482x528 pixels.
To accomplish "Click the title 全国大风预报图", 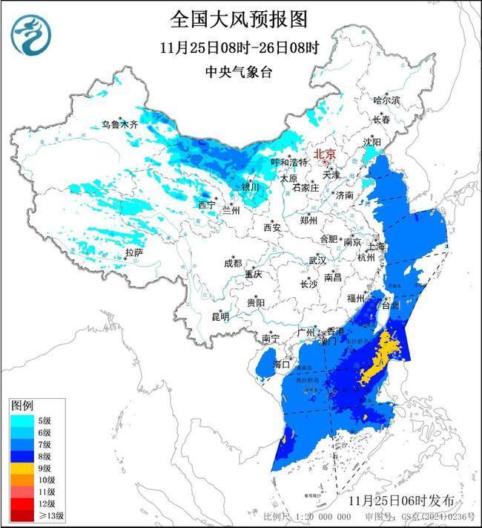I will (x=239, y=18).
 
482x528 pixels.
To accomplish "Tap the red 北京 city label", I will (x=325, y=154).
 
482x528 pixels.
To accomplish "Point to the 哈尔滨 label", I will (x=386, y=100).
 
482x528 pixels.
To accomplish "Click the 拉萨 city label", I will (x=133, y=253).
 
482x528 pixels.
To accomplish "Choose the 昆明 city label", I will (x=220, y=317).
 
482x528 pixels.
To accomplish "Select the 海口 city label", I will (x=282, y=364).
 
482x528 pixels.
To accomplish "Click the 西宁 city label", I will (x=207, y=205).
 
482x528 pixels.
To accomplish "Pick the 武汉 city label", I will (x=317, y=261).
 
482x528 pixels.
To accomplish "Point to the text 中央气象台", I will (x=239, y=72).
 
